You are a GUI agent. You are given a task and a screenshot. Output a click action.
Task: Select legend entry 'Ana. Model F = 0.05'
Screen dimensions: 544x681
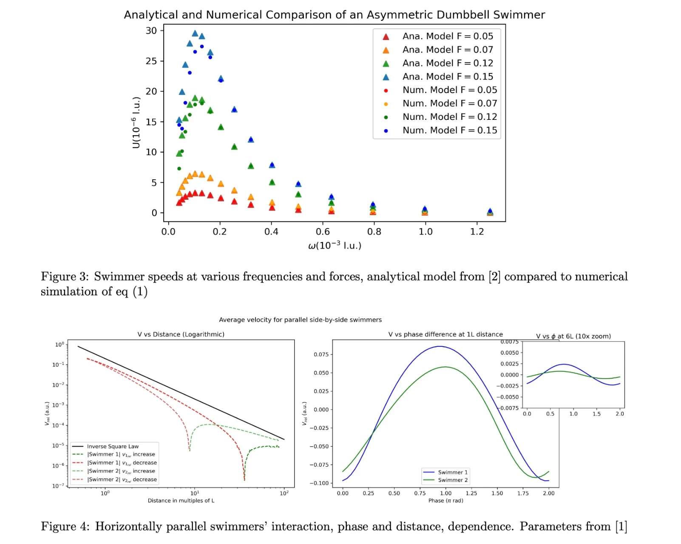click(x=448, y=36)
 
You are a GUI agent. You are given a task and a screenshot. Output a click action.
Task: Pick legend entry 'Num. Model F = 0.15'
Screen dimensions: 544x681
click(x=449, y=130)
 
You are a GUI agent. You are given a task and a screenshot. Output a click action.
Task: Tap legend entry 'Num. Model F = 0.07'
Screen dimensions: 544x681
click(x=449, y=103)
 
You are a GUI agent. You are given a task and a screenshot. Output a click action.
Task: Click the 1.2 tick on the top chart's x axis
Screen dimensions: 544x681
click(x=477, y=232)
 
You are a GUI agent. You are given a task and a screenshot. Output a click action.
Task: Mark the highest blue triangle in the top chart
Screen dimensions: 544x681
click(x=195, y=33)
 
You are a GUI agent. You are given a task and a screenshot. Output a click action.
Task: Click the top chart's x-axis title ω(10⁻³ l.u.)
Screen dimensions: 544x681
click(x=335, y=245)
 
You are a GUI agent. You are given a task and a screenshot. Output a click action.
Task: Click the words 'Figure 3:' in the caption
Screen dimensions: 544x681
click(x=65, y=277)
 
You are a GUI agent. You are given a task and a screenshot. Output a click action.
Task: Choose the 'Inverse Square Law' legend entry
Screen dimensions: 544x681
click(x=113, y=446)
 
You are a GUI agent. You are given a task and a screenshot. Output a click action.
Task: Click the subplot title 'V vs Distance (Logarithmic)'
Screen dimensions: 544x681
click(x=181, y=334)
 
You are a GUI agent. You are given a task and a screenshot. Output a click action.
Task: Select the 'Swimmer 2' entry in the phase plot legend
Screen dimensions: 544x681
click(x=453, y=480)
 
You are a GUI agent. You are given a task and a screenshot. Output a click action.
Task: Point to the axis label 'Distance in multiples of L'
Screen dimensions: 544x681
click(x=181, y=501)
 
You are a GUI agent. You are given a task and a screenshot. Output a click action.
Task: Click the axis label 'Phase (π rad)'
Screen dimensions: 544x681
click(x=445, y=501)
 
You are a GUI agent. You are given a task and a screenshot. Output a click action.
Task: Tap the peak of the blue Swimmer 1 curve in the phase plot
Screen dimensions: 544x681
click(x=440, y=346)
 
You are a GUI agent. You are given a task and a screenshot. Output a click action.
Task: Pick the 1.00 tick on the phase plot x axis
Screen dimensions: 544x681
click(x=445, y=493)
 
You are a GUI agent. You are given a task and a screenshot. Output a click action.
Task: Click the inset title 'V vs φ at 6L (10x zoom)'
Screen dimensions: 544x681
click(x=573, y=336)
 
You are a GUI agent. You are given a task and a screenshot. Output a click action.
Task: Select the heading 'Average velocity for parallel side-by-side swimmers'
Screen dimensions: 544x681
click(x=300, y=320)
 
